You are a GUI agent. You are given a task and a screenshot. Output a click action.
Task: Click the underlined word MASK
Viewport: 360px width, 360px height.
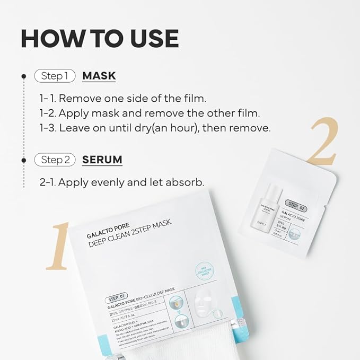click(x=99, y=76)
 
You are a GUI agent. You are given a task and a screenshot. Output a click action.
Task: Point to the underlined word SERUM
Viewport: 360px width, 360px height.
click(x=102, y=159)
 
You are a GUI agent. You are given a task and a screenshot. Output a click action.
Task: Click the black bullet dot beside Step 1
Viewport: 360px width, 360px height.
click(x=24, y=76)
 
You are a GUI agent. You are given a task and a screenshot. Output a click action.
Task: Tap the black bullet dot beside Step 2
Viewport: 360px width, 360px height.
click(x=24, y=160)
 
